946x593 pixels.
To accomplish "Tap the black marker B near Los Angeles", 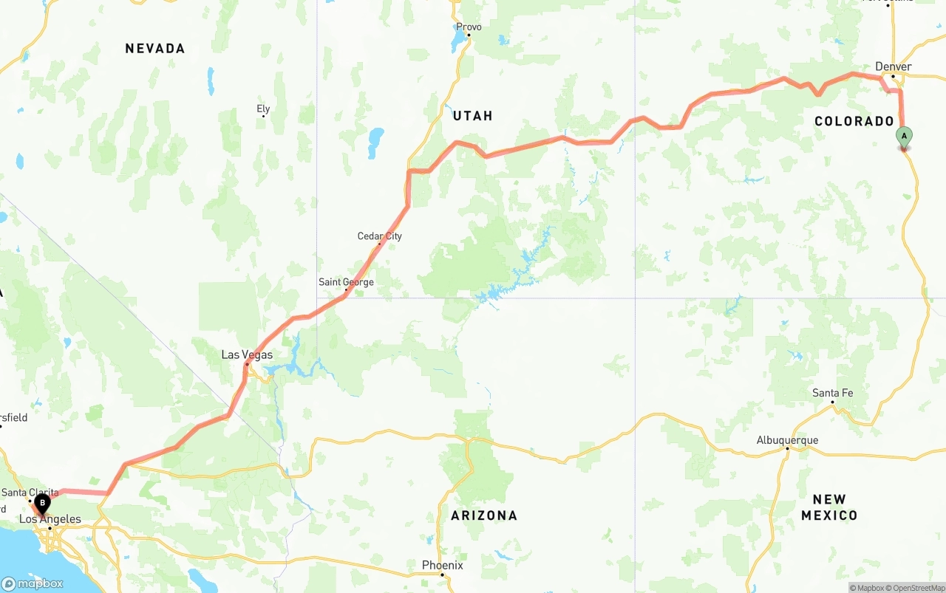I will [43, 504].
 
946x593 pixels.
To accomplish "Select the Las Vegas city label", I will [247, 354].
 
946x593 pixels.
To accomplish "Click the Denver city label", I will [893, 66].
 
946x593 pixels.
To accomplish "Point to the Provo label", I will [469, 27].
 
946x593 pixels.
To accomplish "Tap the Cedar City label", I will [380, 236].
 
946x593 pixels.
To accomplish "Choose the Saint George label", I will [346, 282].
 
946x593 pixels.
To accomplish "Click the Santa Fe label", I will [832, 393].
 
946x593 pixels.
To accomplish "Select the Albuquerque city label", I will [787, 440].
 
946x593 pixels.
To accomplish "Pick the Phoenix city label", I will [442, 565].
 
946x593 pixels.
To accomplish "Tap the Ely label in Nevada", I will [263, 109].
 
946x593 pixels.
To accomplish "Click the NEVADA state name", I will [154, 49].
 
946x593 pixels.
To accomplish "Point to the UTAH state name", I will [472, 116].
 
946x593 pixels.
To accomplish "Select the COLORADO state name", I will [854, 121].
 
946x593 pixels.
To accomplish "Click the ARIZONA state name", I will [484, 515].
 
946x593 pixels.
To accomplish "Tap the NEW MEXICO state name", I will [829, 507].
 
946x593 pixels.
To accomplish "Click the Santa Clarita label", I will [30, 493].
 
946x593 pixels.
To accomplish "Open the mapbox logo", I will [33, 583].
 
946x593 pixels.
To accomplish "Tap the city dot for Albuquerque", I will [787, 448].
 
